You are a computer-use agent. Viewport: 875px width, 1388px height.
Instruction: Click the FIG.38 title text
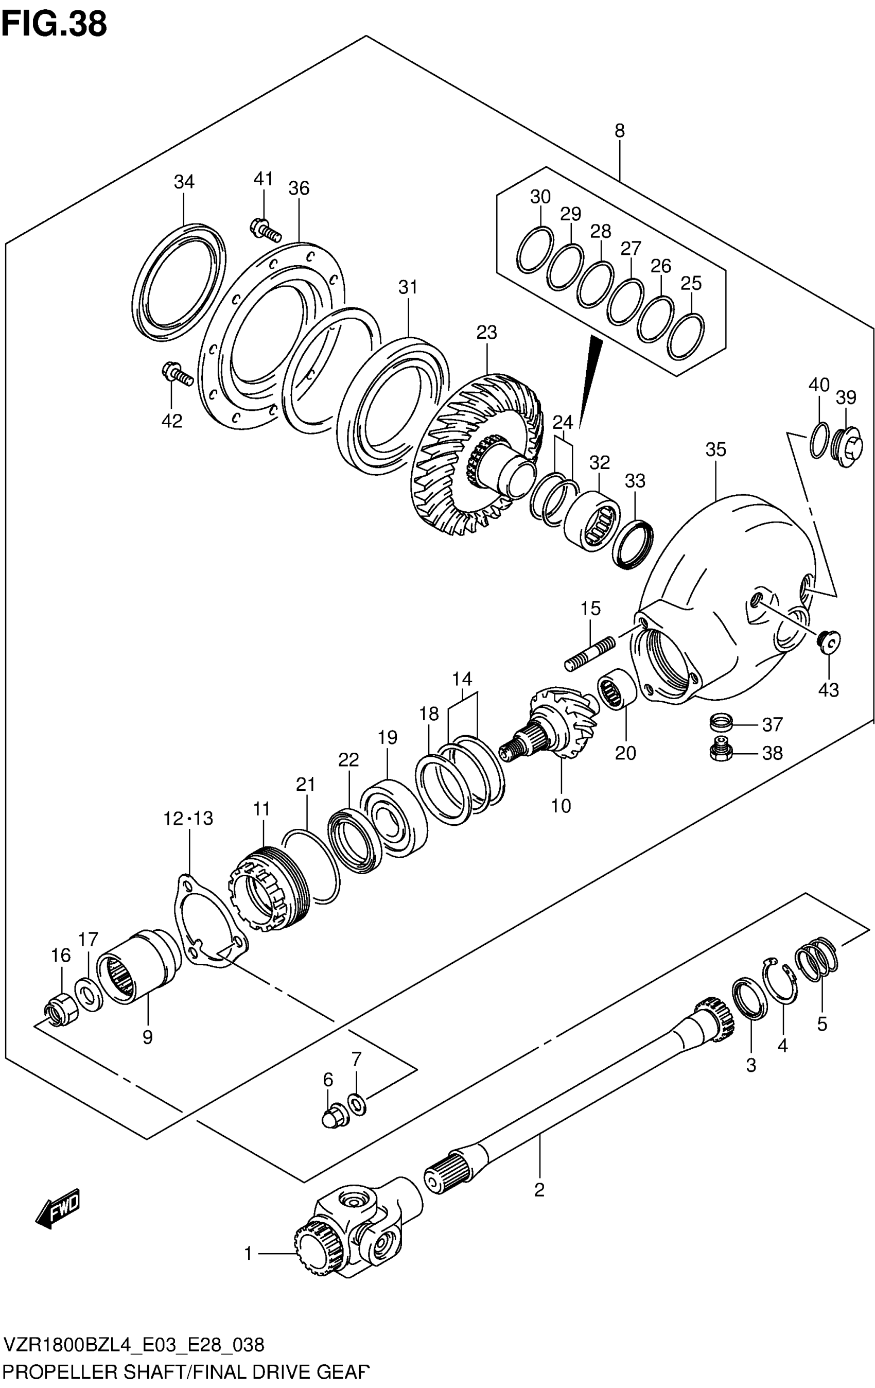point(54,24)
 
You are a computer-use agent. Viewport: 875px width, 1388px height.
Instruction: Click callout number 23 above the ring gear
point(486,333)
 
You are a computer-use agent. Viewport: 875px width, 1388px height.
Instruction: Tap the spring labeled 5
point(817,958)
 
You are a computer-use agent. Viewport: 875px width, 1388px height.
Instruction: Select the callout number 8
point(619,131)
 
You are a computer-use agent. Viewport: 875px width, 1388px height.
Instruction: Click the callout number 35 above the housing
point(715,449)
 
